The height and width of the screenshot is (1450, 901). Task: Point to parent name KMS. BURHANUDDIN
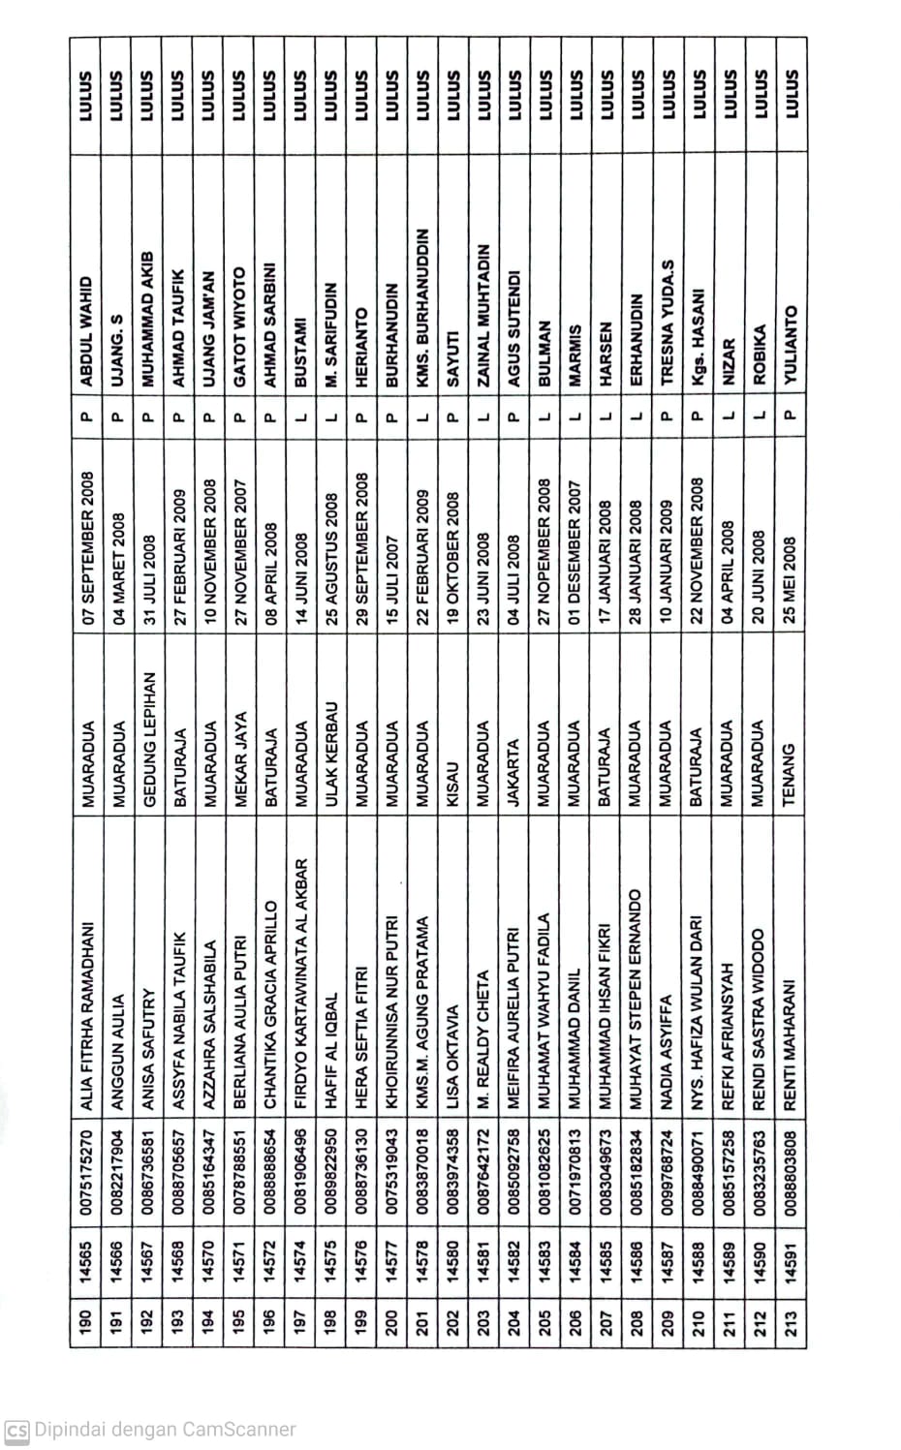pyautogui.click(x=422, y=303)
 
